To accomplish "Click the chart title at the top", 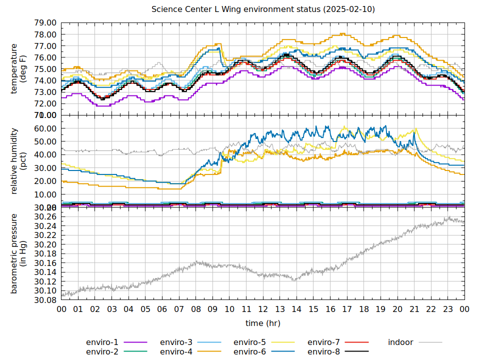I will point(263,9).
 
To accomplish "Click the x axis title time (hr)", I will point(263,323).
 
